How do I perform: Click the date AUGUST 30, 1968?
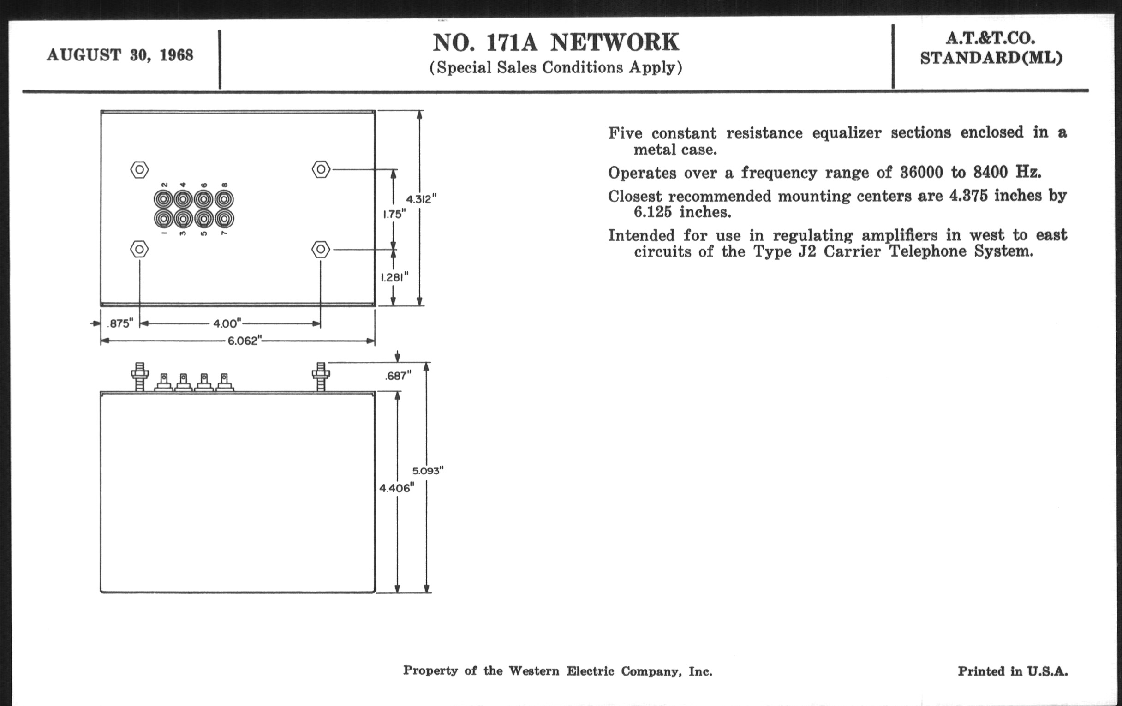[120, 55]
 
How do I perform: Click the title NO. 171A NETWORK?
[556, 43]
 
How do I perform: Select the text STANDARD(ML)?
[991, 58]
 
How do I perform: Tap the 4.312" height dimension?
[421, 199]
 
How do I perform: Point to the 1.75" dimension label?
[394, 215]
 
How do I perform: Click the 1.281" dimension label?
[394, 278]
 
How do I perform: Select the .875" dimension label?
[120, 323]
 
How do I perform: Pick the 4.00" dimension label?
[227, 323]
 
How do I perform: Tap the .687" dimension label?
[398, 376]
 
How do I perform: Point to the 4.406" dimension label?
[396, 488]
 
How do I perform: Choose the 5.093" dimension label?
[427, 471]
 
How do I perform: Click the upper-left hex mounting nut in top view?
[139, 170]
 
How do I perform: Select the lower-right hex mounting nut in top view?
[321, 250]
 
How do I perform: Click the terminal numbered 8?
[225, 199]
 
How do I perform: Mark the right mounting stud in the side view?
[321, 377]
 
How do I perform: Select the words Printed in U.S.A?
[1013, 671]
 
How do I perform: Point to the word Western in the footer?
[534, 671]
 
